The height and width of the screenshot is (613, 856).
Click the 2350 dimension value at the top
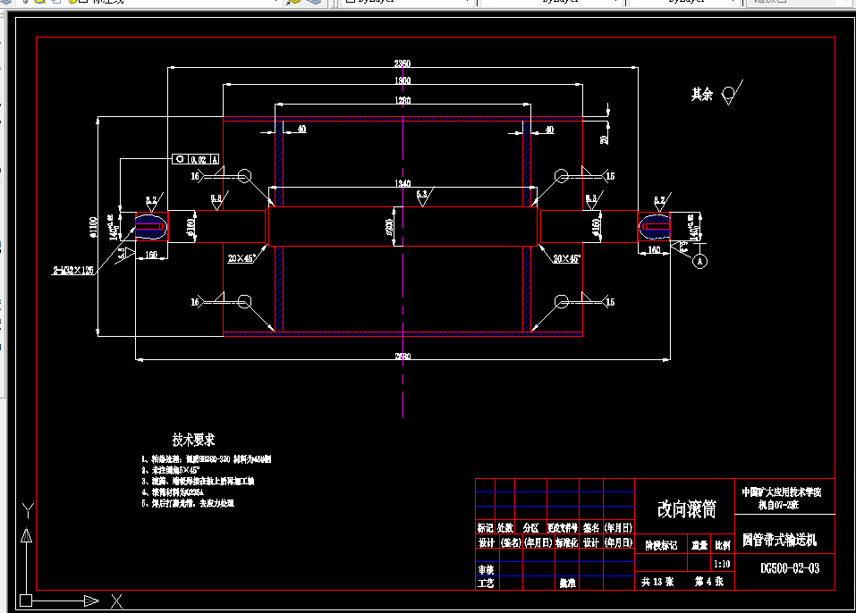pos(403,63)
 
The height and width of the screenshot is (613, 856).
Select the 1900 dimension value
pos(403,81)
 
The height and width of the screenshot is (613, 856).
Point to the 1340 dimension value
pos(403,183)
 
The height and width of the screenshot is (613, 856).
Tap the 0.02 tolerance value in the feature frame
pos(199,159)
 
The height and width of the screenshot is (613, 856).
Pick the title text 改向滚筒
pos(686,509)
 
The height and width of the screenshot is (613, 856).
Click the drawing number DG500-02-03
pos(790,567)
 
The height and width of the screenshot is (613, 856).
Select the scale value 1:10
pos(722,564)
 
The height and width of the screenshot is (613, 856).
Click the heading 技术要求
pos(193,440)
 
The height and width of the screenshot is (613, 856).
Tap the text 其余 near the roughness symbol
pos(701,94)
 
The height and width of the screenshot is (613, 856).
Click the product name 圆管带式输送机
pos(779,541)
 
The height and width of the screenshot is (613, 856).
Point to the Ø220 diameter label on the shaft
pos(389,227)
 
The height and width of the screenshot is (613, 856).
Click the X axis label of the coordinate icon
pos(114,600)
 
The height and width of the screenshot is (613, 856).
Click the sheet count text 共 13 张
pos(657,582)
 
